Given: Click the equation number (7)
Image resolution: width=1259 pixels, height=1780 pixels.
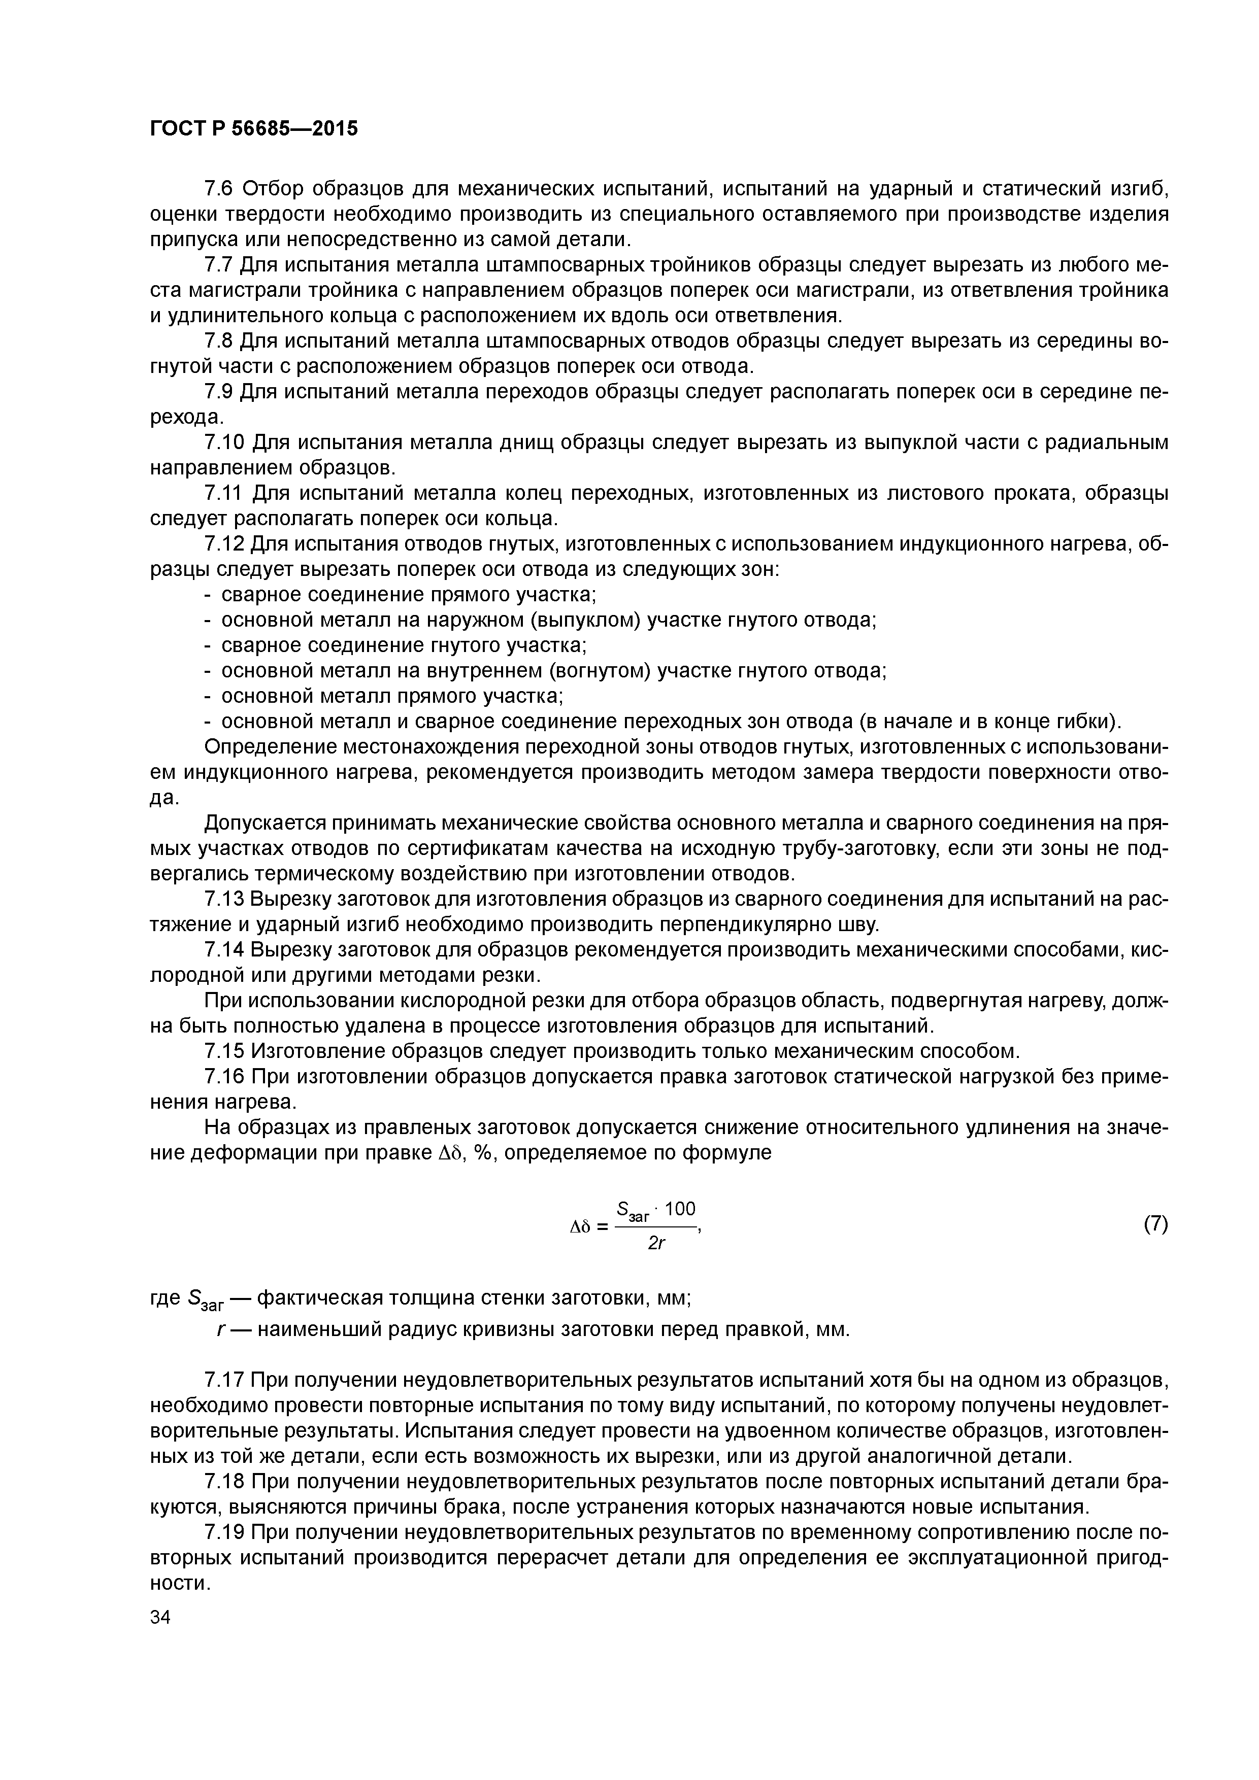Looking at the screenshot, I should click(1154, 1224).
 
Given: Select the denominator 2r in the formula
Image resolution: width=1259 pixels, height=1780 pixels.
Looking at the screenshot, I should click(657, 1244).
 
